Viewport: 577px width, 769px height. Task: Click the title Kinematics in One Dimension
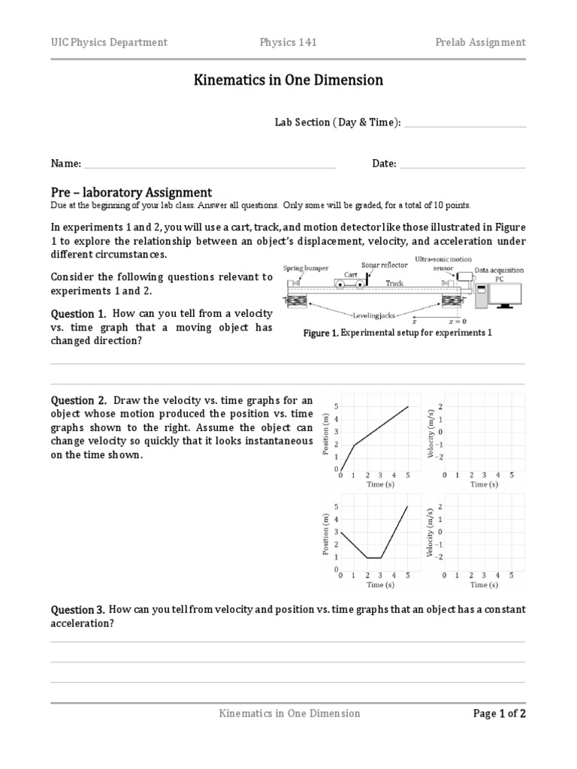(x=288, y=80)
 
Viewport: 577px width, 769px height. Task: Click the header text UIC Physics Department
(x=109, y=42)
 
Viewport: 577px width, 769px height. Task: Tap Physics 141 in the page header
(x=288, y=42)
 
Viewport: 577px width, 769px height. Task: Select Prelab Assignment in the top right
(x=480, y=42)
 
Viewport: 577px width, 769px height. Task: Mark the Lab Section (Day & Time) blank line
(x=464, y=124)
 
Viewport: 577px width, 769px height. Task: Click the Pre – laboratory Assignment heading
(x=131, y=192)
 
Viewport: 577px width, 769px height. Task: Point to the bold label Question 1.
(x=78, y=312)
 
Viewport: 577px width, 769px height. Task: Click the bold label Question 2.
(x=78, y=400)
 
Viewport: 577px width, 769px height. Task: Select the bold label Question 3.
(x=78, y=609)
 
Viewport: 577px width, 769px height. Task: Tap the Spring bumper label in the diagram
(x=304, y=267)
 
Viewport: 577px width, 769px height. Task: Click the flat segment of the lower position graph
(x=373, y=557)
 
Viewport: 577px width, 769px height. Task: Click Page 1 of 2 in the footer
(x=499, y=713)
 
